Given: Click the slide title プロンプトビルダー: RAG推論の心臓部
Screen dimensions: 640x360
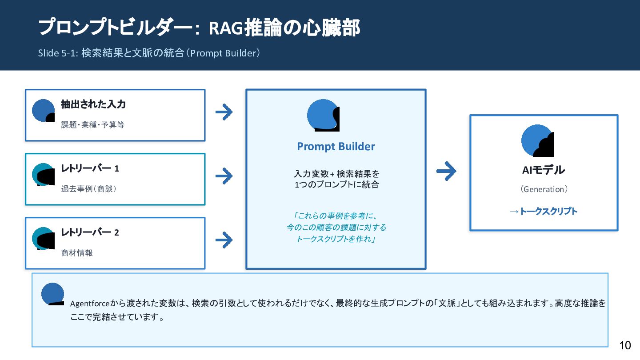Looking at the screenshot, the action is point(199,28).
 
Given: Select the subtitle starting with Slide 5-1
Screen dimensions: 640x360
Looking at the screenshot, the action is point(149,53).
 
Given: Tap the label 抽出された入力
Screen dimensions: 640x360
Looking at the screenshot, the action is point(93,104).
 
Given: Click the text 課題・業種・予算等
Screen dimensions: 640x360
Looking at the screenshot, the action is point(93,125).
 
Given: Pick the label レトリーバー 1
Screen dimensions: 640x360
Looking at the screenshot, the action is point(90,168).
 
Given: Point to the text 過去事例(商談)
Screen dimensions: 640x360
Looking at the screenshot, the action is point(89,189).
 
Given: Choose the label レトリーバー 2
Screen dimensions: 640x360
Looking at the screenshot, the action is point(90,232).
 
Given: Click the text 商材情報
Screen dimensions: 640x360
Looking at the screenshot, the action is point(77,253).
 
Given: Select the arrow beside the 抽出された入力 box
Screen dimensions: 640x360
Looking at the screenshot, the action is point(224,112).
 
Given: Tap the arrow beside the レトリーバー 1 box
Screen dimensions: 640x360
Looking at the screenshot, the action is point(224,176).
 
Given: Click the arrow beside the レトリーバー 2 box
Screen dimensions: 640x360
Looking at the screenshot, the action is point(224,240).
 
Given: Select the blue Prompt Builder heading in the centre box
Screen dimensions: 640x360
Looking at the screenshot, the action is point(336,147).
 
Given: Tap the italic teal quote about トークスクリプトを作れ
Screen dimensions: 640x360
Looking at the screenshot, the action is point(336,228).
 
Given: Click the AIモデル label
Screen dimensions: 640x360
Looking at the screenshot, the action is point(544,170).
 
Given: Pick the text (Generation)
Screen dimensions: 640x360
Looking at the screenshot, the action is point(544,189).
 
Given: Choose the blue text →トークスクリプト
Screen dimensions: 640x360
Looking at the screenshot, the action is point(544,212).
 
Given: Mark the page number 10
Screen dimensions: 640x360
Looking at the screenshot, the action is point(625,345).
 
